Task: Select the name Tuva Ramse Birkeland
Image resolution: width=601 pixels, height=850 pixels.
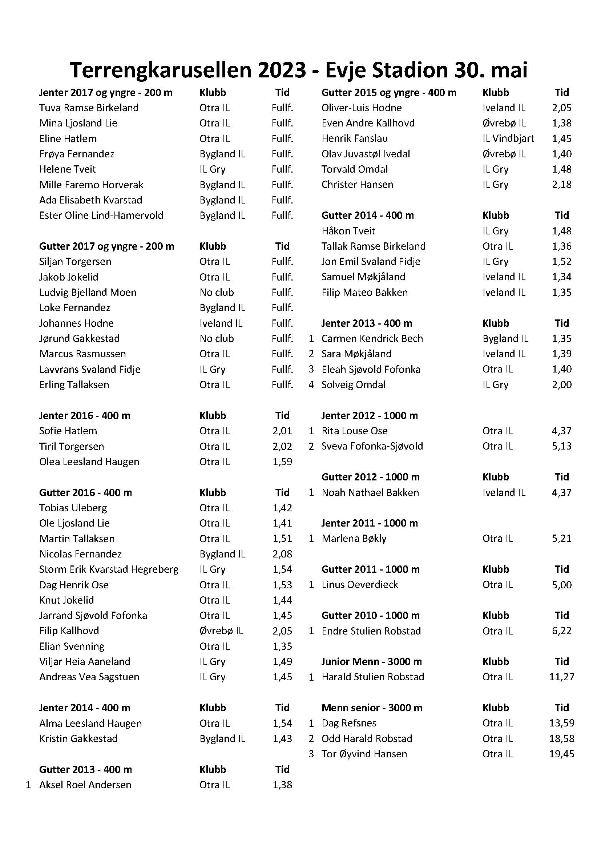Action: click(89, 108)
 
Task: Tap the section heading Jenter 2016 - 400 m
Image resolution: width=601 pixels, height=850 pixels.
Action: click(85, 415)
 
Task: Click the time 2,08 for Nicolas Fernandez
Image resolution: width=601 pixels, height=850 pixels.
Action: click(282, 554)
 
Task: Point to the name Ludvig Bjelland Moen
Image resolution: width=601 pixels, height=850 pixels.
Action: click(88, 292)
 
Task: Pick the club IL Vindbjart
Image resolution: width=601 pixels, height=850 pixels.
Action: click(508, 138)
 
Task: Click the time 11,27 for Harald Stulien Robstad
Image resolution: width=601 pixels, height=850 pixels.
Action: click(561, 677)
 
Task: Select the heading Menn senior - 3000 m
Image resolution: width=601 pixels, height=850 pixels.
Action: click(372, 708)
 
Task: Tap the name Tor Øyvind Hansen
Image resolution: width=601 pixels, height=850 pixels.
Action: click(364, 754)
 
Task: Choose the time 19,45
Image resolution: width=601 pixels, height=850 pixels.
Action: click(561, 754)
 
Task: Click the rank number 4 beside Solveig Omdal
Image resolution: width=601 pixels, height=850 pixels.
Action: click(311, 384)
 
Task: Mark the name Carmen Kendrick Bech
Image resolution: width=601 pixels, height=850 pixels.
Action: click(372, 338)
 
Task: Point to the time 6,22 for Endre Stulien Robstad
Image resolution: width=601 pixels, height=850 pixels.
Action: click(561, 631)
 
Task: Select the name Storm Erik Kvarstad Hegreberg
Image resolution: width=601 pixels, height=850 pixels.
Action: click(109, 569)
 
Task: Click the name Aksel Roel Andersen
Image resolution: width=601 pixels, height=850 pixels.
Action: click(85, 785)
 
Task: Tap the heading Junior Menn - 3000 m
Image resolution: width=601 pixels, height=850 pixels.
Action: click(372, 661)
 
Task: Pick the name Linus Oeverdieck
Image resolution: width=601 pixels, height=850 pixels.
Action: click(360, 585)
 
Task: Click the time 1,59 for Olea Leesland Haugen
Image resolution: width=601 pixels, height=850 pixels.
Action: click(282, 462)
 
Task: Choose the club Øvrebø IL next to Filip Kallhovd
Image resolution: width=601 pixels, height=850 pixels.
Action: click(221, 631)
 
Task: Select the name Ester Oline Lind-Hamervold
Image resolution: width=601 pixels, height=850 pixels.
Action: click(101, 215)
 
